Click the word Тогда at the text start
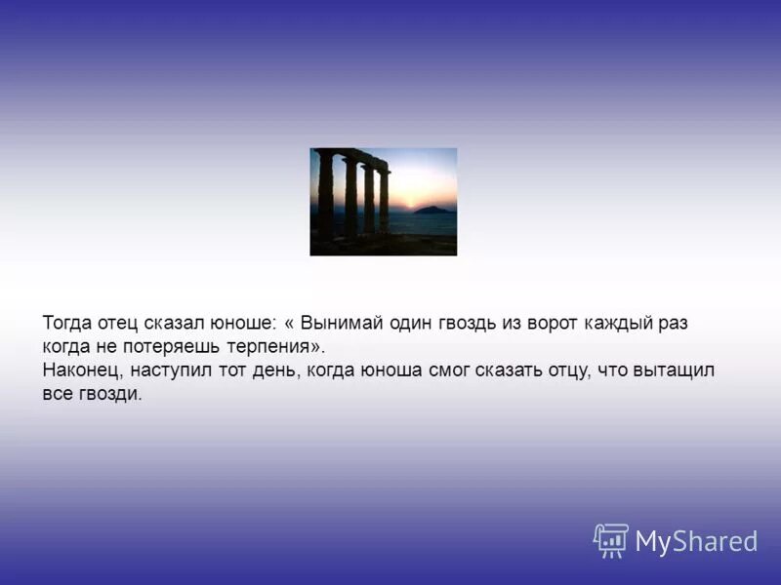[66, 323]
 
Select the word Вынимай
[339, 323]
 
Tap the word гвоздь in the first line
[466, 323]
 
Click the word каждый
[619, 323]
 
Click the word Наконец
[82, 370]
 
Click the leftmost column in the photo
[325, 195]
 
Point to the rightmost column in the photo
[384, 200]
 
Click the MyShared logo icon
[611, 540]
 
